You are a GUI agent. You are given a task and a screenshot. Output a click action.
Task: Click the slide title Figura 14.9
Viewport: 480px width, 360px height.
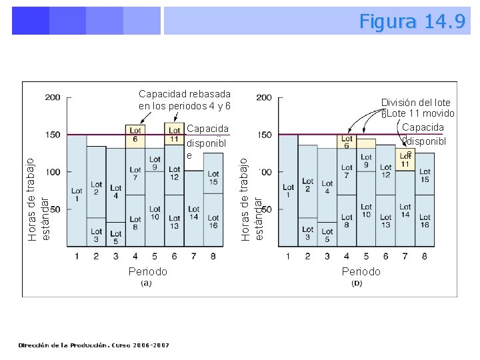pos(412,21)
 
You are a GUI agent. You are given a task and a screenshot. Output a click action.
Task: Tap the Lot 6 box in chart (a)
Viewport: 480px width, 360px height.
pos(135,134)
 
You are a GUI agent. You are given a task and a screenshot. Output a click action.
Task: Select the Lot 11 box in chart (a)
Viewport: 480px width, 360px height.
pos(174,134)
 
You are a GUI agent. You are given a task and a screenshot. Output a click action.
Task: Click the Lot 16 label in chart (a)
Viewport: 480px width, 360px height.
pos(213,222)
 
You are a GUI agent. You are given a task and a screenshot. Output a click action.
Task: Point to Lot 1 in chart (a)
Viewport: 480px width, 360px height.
pos(77,195)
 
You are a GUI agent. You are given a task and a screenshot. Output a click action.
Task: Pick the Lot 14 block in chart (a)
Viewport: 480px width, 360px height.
pos(194,213)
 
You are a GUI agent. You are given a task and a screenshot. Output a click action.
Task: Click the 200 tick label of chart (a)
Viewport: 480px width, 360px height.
pos(53,97)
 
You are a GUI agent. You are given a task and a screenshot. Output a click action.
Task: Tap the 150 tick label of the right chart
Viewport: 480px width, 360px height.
pos(264,135)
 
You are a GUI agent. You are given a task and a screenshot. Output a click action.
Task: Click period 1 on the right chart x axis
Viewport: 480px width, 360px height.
pos(288,256)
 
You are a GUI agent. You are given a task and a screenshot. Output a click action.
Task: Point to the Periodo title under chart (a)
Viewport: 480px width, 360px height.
pos(148,271)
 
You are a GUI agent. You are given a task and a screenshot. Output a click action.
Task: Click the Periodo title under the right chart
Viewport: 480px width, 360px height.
pos(361,271)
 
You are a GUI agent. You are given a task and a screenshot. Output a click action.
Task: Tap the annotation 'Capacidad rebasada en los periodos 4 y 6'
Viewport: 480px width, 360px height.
pos(185,100)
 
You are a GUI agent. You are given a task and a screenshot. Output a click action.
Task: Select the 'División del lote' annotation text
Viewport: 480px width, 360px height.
pos(415,103)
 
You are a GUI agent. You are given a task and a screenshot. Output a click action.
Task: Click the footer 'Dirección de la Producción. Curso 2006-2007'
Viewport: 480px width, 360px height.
pos(94,345)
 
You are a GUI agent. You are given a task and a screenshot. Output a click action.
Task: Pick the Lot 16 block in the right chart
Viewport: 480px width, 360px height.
pos(425,222)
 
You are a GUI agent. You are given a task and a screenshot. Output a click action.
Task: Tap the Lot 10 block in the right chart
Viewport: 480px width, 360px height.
pos(366,211)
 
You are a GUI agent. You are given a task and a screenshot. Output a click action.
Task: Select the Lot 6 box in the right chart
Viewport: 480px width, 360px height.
pos(347,142)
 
